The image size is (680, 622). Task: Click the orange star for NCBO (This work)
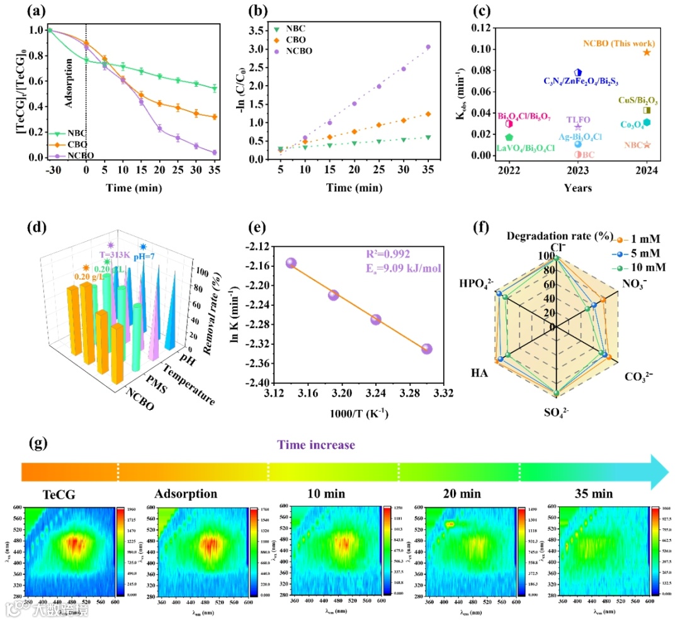tap(647, 52)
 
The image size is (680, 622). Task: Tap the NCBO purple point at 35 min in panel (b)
tap(428, 47)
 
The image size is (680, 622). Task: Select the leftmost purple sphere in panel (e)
tap(291, 264)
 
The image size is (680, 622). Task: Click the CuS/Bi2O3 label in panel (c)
tap(637, 100)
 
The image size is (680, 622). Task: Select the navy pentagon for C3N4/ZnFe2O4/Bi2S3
tap(577, 73)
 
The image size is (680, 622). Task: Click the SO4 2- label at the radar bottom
tap(555, 412)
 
